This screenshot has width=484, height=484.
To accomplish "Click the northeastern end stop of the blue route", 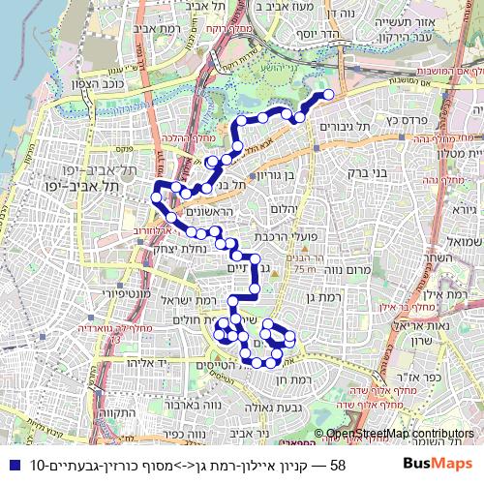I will pyautogui.click(x=328, y=94).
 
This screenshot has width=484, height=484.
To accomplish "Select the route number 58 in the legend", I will pyautogui.click(x=339, y=465).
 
